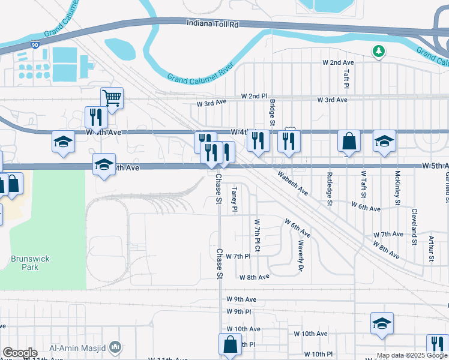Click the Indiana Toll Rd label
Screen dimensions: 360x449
click(x=213, y=25)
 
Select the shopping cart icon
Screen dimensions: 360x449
click(x=112, y=97)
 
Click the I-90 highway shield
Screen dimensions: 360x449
click(x=35, y=44)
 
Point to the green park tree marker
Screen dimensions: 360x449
click(x=379, y=52)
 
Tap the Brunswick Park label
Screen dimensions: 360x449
click(x=29, y=262)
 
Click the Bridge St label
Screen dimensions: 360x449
click(x=272, y=113)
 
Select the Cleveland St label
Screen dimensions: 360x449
click(x=414, y=227)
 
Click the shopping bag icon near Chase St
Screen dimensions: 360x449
click(x=231, y=345)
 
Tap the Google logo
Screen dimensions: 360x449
click(x=19, y=353)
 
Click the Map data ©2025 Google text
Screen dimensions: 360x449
click(x=412, y=355)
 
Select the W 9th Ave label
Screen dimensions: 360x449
click(x=241, y=299)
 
